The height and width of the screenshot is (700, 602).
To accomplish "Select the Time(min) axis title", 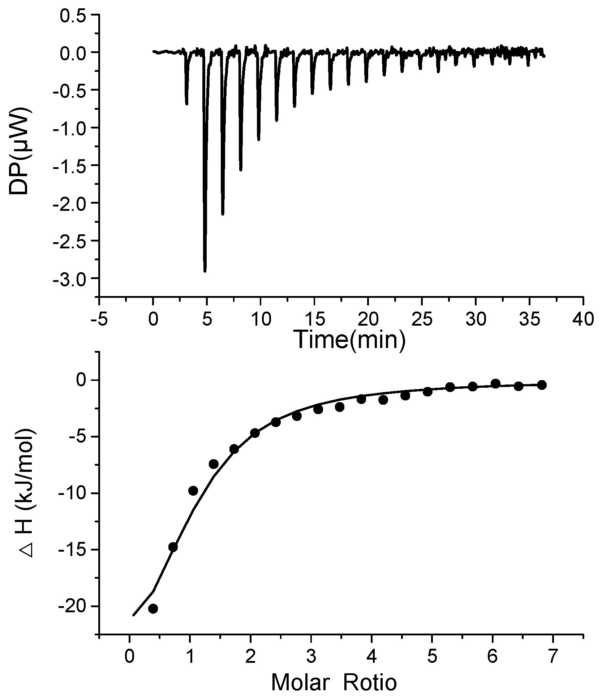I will tap(350, 340).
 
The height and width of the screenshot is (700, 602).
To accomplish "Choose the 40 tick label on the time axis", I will tap(583, 319).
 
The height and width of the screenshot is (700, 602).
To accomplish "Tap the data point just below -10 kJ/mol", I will tap(193, 491).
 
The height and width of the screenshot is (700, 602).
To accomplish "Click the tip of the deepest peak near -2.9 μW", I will tap(205, 271).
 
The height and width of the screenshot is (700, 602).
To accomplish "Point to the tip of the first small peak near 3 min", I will tap(186, 104).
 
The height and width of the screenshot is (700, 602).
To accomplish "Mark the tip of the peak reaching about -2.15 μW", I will tap(223, 214).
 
